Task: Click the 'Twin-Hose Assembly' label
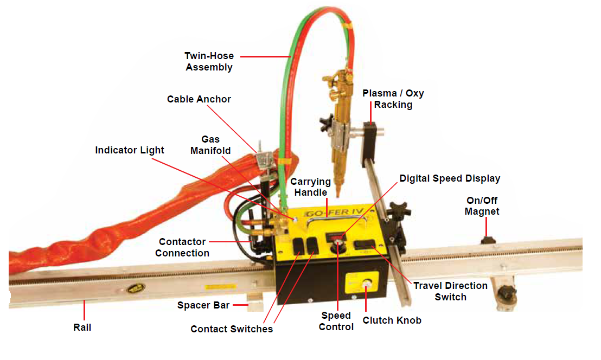pyautogui.click(x=209, y=61)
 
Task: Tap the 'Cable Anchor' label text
pyautogui.click(x=199, y=99)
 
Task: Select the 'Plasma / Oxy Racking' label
pyautogui.click(x=393, y=99)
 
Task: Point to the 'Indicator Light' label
pyautogui.click(x=130, y=150)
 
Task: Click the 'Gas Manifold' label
pyautogui.click(x=210, y=145)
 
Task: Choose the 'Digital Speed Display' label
pyautogui.click(x=450, y=178)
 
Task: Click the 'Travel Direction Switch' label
pyautogui.click(x=450, y=291)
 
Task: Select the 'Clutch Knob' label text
pyautogui.click(x=392, y=320)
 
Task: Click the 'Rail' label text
pyautogui.click(x=83, y=327)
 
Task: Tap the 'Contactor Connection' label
pyautogui.click(x=182, y=247)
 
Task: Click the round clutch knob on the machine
pyautogui.click(x=366, y=284)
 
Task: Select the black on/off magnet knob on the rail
pyautogui.click(x=486, y=239)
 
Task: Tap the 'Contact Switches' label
pyautogui.click(x=232, y=329)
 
